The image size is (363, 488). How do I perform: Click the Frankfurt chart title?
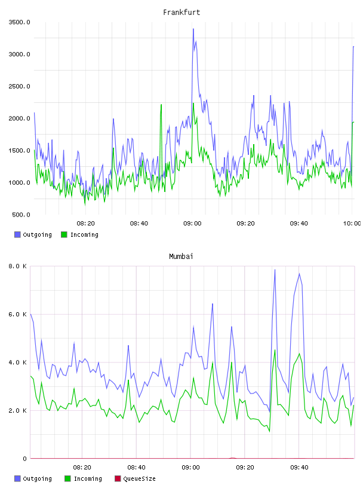click(181, 13)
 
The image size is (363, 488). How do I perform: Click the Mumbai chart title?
click(181, 257)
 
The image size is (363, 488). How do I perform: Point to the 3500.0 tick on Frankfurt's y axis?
click(19, 22)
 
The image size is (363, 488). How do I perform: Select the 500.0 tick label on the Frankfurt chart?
click(21, 215)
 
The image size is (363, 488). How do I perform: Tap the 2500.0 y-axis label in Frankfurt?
click(19, 86)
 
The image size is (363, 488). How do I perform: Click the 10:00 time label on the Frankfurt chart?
click(352, 224)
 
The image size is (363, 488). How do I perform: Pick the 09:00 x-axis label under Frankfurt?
click(192, 224)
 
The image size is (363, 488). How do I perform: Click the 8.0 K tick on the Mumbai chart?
click(18, 266)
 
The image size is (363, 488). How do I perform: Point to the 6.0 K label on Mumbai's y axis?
click(18, 315)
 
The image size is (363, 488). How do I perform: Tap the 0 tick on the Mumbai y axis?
click(25, 459)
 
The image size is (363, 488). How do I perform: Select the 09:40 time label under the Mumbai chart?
click(299, 468)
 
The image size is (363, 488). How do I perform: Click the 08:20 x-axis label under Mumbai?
click(82, 468)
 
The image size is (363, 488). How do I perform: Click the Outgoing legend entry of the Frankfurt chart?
click(33, 234)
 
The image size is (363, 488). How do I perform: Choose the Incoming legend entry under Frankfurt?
click(80, 234)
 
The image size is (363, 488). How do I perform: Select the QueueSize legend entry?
click(135, 478)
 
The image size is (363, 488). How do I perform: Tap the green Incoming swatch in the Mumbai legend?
click(67, 478)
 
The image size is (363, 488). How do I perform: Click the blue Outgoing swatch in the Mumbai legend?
click(17, 478)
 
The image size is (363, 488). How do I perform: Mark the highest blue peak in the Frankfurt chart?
click(193, 29)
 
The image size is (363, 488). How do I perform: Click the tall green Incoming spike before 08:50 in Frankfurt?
click(161, 105)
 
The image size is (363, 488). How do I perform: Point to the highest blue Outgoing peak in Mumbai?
click(275, 270)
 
